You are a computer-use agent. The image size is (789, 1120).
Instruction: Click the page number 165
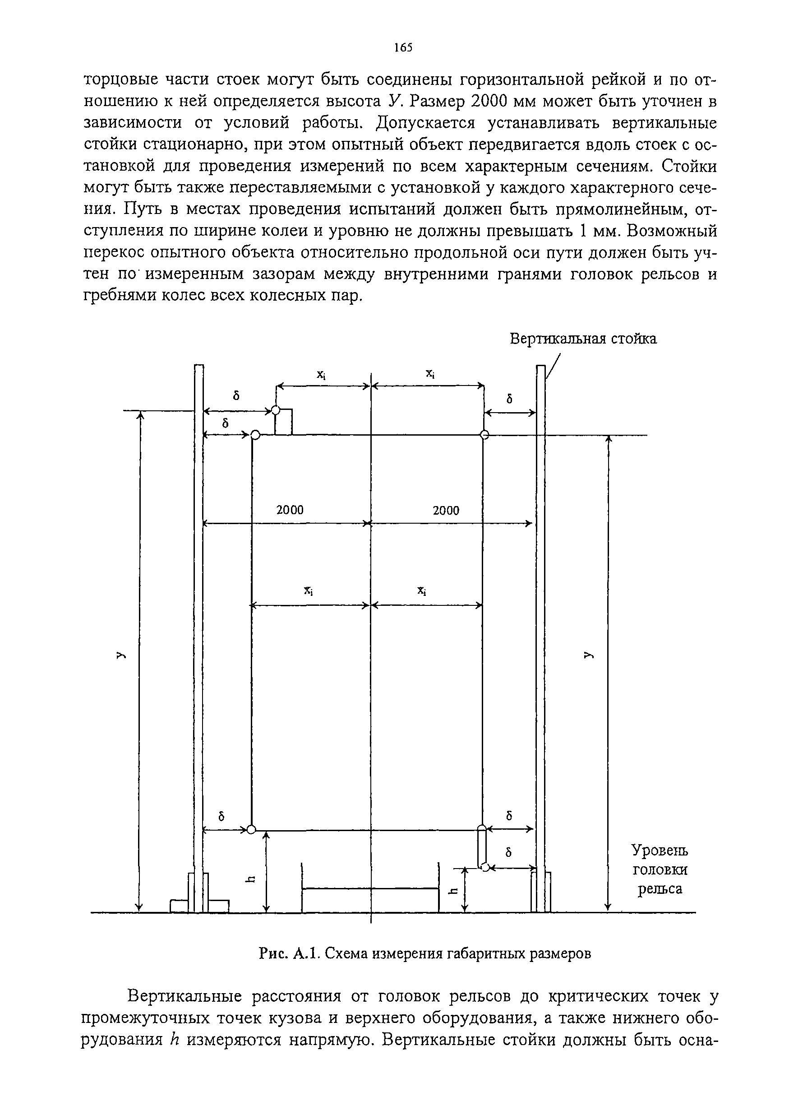click(403, 47)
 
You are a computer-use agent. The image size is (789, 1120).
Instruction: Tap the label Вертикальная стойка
click(583, 339)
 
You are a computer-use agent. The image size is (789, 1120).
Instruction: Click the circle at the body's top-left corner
click(255, 435)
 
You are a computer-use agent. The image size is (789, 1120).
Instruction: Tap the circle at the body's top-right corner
click(484, 435)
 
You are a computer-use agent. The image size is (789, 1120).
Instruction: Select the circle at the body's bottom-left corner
click(251, 830)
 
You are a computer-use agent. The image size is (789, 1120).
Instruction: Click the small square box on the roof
click(284, 423)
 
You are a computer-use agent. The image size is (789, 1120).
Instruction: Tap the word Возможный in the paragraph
click(672, 231)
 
